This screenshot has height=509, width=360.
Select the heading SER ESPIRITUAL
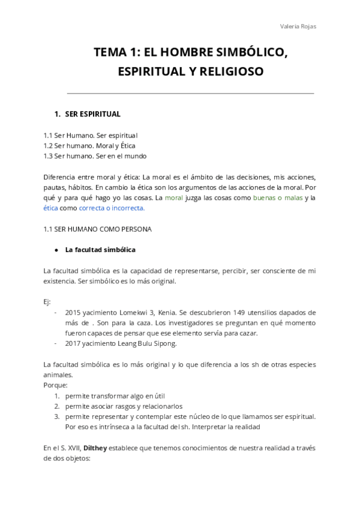92,114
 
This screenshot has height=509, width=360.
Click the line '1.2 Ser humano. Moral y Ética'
89,145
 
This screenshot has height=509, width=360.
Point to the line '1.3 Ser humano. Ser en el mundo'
95,156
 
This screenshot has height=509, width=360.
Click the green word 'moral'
173,197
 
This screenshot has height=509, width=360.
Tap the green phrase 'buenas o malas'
278,197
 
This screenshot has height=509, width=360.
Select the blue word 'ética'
51,208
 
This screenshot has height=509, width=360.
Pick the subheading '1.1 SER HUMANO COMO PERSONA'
97,229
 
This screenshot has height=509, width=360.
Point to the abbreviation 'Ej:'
48,302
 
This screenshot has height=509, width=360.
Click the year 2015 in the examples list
74,313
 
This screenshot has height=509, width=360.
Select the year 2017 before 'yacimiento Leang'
74,344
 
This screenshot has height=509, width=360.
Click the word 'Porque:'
55,385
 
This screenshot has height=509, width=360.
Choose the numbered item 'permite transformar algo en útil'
115,396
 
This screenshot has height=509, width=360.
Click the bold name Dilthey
96,447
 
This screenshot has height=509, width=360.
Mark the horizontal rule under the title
190,94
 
